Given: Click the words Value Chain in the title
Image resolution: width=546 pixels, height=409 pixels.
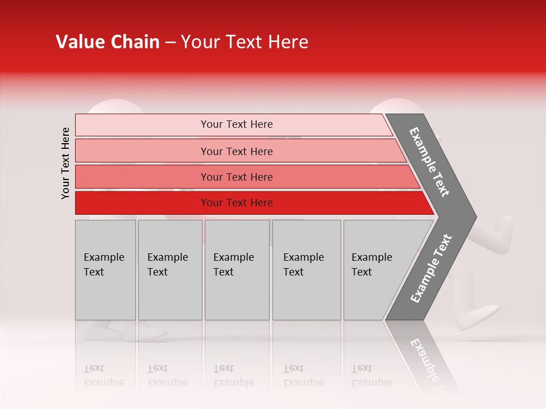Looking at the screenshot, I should pos(107,42).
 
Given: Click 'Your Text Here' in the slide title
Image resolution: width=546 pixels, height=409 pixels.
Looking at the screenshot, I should pos(245,42).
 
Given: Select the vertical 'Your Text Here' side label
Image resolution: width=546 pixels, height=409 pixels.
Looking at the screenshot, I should pos(65,163).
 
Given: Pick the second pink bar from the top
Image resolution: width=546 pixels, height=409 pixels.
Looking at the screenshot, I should pos(237,151).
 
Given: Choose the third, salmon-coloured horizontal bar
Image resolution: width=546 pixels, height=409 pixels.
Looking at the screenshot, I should pos(237,177).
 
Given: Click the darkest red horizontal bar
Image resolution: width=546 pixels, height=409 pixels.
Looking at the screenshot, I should pos(237,203).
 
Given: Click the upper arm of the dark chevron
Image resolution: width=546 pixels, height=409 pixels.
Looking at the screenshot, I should pos(429,161).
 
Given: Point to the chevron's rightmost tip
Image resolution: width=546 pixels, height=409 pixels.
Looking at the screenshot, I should pos(474,217).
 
